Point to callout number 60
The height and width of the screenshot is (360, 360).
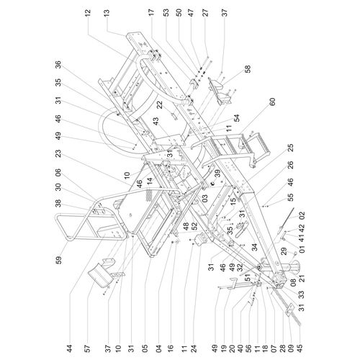pos(272,102)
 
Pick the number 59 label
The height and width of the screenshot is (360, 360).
pos(59,260)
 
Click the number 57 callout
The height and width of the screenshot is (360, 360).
pos(88,349)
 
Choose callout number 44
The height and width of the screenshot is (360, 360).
pos(69,349)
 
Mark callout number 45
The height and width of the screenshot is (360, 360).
pos(300,349)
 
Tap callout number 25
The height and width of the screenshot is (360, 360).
pos(290,148)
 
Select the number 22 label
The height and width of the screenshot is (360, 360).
pos(160,105)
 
